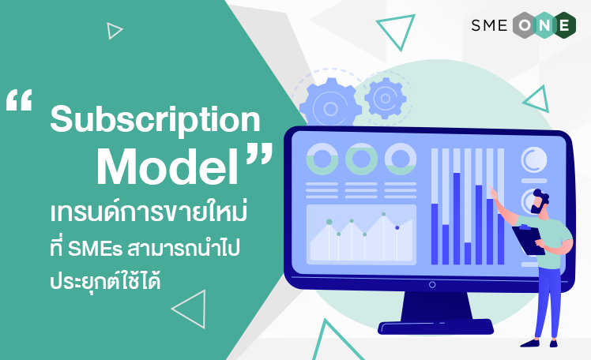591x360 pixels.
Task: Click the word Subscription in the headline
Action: pyautogui.click(x=155, y=120)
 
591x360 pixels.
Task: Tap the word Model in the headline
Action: pyautogui.click(x=168, y=167)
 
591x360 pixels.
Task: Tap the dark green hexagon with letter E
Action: pyautogui.click(x=563, y=25)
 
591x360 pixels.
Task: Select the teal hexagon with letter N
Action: pyautogui.click(x=544, y=25)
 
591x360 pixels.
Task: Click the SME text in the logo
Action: pyautogui.click(x=489, y=25)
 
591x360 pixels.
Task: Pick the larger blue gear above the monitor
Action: pyautogui.click(x=330, y=103)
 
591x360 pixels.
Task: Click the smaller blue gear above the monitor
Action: pyautogui.click(x=386, y=98)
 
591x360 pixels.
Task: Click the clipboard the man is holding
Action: pyautogui.click(x=528, y=240)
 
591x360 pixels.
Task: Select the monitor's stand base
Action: pyautogui.click(x=435, y=327)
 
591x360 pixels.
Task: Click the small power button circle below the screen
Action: pyautogui.click(x=432, y=285)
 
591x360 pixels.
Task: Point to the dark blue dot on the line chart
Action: pyautogui.click(x=397, y=228)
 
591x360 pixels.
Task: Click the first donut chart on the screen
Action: pyautogui.click(x=322, y=159)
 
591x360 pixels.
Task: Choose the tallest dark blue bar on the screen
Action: pyautogui.click(x=457, y=219)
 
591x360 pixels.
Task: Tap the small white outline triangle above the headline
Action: pyautogui.click(x=115, y=31)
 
